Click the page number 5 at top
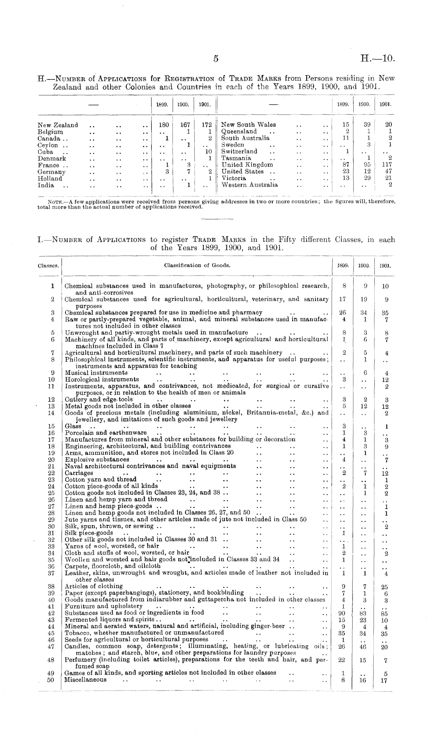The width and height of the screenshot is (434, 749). [x=216, y=58]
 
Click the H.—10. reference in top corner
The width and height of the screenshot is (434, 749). [x=378, y=58]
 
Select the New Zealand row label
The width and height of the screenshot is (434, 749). [x=58, y=125]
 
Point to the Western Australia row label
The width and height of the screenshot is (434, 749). [x=250, y=185]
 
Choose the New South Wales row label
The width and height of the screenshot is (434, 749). [x=248, y=125]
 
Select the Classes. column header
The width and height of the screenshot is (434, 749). [x=49, y=266]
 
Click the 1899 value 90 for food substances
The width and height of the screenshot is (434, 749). [x=343, y=613]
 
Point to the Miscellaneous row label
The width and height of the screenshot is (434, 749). [x=85, y=680]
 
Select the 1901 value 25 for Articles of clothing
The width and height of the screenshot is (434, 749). [x=385, y=587]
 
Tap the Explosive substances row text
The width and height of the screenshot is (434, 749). [x=97, y=459]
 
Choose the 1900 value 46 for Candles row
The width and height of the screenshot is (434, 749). [x=364, y=647]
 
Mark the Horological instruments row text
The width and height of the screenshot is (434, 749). [x=102, y=379]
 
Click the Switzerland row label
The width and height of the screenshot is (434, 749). [x=239, y=151]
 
